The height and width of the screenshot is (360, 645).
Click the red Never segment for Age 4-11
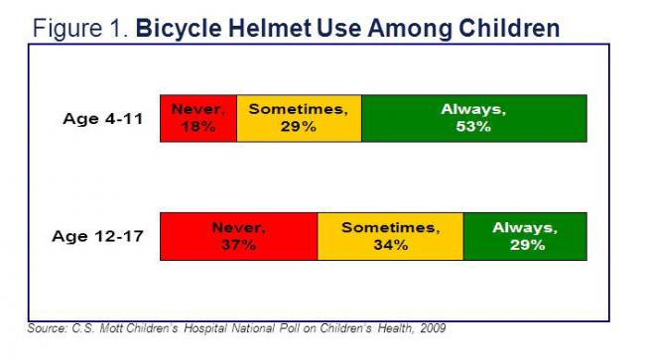(198, 118)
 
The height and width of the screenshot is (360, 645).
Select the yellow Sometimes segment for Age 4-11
(299, 118)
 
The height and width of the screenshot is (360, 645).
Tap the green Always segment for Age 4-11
(473, 118)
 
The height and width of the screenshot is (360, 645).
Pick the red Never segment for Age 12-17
(238, 236)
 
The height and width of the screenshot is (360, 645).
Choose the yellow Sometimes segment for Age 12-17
(390, 236)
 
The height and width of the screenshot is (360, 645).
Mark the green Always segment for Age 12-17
(525, 236)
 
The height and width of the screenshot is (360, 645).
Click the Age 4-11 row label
(102, 119)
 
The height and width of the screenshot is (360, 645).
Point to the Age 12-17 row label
(98, 237)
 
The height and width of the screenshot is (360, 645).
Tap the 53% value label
(473, 127)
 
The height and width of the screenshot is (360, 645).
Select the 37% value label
(238, 245)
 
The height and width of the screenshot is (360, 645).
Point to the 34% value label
(390, 245)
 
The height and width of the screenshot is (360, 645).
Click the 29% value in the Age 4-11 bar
(299, 127)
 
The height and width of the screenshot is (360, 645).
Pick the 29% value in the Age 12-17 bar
(525, 245)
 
